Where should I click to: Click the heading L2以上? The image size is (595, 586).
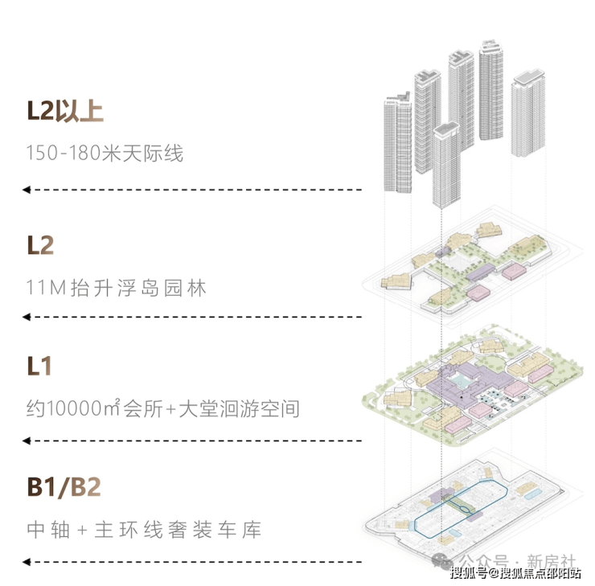click(65, 110)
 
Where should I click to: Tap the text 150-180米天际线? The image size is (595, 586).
click(105, 153)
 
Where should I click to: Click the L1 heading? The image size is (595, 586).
click(39, 367)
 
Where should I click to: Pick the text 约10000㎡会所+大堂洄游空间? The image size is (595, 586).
click(162, 408)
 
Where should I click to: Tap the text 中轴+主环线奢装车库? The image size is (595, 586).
click(144, 531)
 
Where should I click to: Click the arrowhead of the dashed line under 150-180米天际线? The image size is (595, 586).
click(27, 190)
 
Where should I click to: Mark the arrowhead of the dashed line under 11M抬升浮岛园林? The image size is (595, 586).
click(27, 318)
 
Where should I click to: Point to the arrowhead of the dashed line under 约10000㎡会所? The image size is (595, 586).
click(27, 441)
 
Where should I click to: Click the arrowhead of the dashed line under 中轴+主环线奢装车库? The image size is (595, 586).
click(27, 561)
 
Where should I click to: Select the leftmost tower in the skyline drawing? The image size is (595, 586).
click(398, 145)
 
